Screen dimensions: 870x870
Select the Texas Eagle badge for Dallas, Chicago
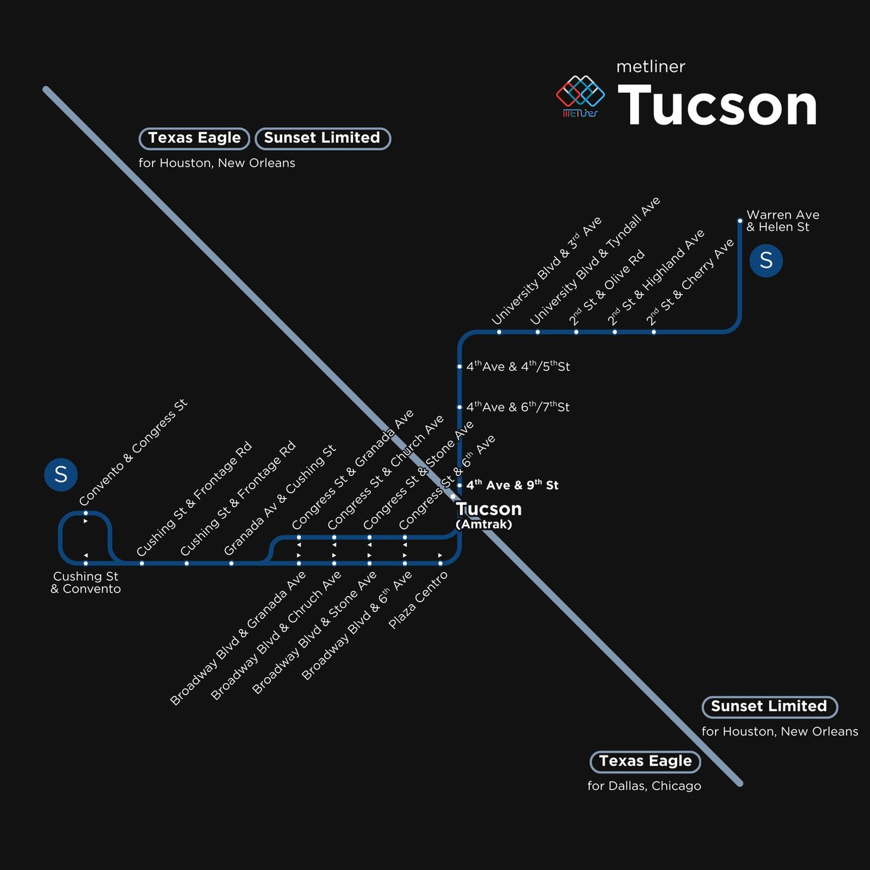[x=645, y=761]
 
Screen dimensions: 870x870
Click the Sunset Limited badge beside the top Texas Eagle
[x=322, y=138]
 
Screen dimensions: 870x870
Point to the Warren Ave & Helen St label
[x=782, y=221]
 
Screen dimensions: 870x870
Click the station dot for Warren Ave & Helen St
[x=740, y=221]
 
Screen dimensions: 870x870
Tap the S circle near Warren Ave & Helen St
[x=766, y=260]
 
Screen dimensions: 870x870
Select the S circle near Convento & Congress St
[x=61, y=474]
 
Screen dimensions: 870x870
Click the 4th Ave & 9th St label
[x=512, y=485]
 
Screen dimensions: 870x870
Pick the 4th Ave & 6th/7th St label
[x=518, y=407]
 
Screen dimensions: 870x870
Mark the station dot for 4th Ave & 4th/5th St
[x=459, y=366]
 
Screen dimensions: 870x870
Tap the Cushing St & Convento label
[x=86, y=582]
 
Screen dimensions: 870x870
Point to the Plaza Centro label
[x=418, y=600]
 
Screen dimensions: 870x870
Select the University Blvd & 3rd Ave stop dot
[x=499, y=332]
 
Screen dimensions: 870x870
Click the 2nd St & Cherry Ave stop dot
[x=654, y=332]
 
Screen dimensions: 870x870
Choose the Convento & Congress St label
[x=133, y=452]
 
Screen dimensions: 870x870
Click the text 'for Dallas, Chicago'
[x=644, y=786]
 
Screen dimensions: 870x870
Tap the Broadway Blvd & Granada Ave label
[x=238, y=638]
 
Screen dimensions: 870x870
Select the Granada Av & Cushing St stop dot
[x=231, y=563]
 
